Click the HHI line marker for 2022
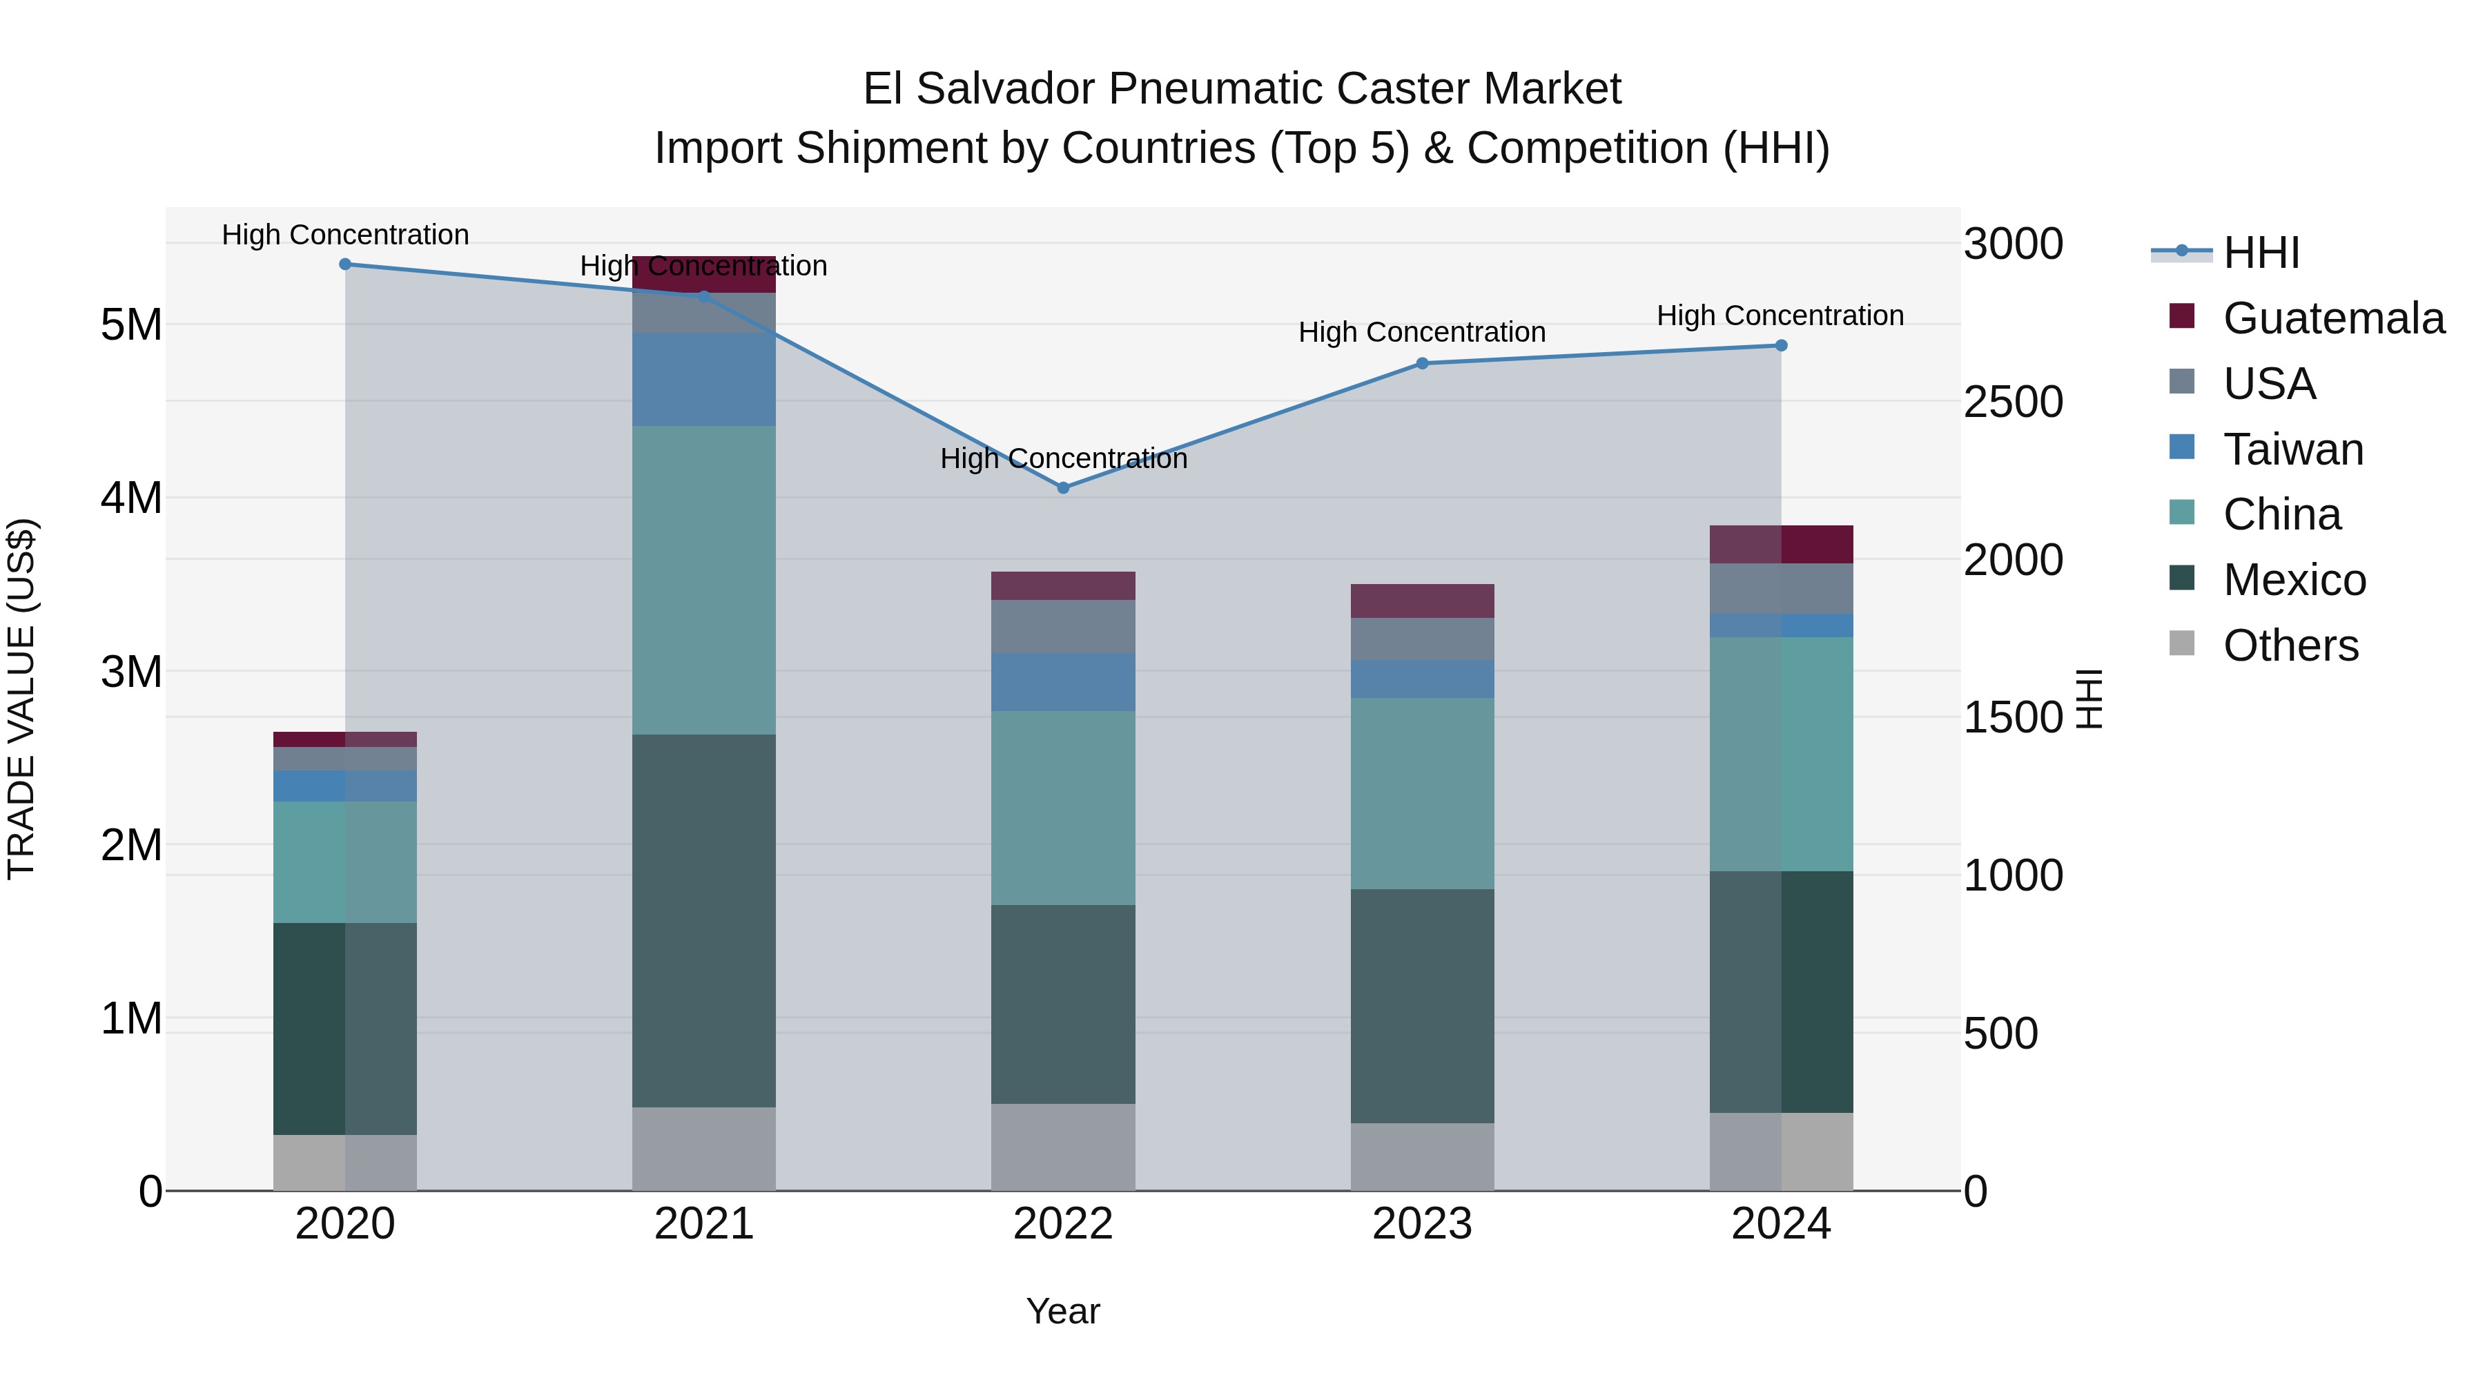point(1063,488)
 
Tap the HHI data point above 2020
point(345,264)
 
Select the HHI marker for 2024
point(1781,345)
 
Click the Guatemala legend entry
point(2332,318)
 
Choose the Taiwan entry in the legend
point(2292,449)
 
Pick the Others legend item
point(2290,645)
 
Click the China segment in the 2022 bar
point(1063,808)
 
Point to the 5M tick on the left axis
point(131,325)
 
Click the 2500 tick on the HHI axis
point(2014,402)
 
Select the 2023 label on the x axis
point(1422,1224)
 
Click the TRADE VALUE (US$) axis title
point(21,699)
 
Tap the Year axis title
point(1063,1311)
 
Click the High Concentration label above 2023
point(1422,332)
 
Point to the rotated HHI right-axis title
point(2089,699)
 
